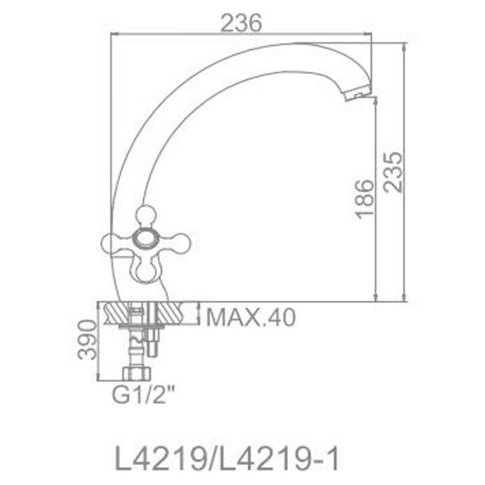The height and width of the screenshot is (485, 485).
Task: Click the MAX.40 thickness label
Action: (250, 315)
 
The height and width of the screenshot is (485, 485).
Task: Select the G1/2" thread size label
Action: (143, 397)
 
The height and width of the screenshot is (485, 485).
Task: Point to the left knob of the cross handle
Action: (112, 239)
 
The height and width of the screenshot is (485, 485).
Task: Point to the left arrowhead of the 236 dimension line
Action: (113, 34)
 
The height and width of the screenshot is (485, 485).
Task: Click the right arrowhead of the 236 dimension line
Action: (371, 34)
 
